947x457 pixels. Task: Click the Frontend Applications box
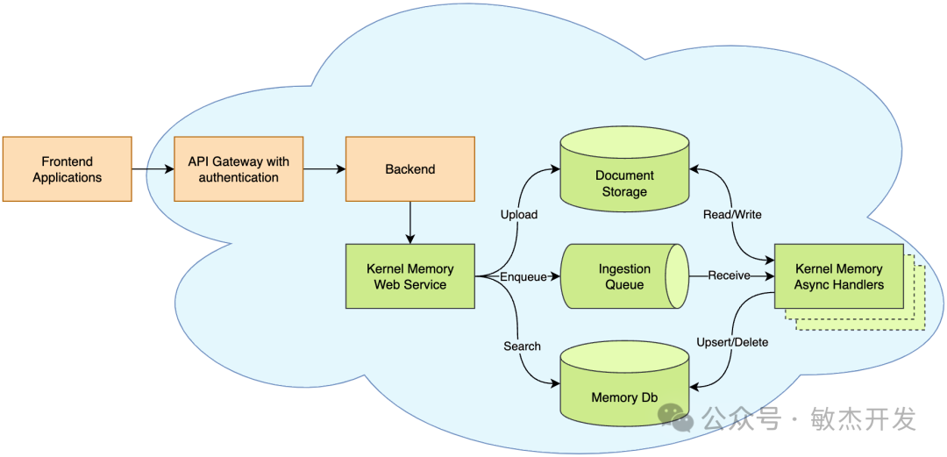click(x=67, y=168)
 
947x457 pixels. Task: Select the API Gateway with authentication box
click(x=239, y=168)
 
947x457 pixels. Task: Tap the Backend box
click(x=410, y=168)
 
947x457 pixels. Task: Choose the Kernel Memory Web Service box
click(x=410, y=276)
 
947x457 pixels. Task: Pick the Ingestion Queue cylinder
click(x=624, y=276)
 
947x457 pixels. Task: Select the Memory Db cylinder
click(x=624, y=383)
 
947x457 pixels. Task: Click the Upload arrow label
click(x=519, y=215)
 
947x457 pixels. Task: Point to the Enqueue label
click(x=523, y=276)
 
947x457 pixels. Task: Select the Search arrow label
click(x=522, y=346)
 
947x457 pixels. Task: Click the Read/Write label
click(x=732, y=214)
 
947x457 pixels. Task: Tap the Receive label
click(x=729, y=275)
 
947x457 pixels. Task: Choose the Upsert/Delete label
click(x=732, y=343)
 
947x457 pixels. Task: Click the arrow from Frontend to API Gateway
click(x=153, y=169)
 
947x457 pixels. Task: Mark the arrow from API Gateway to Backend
click(x=324, y=169)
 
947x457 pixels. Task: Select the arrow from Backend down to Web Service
click(x=410, y=223)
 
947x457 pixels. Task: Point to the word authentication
click(x=239, y=177)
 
